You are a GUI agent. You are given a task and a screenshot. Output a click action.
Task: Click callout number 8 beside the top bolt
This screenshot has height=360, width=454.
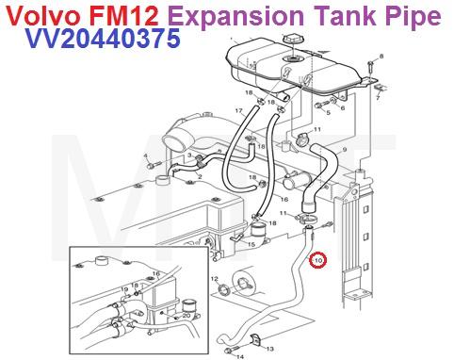click(381, 57)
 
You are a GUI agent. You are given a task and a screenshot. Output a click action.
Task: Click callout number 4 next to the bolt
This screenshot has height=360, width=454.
click(145, 155)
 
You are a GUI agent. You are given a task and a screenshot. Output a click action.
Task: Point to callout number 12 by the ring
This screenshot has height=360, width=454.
click(214, 279)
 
